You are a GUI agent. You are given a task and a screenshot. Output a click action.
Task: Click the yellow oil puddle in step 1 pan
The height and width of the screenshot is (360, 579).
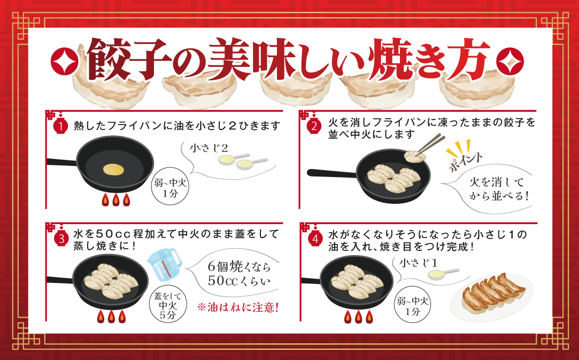click(114, 169)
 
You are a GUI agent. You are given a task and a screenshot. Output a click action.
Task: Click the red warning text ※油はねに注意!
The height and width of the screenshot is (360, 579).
click(238, 309)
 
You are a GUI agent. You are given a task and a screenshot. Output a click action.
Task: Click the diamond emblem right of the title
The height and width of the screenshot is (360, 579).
click(511, 59)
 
